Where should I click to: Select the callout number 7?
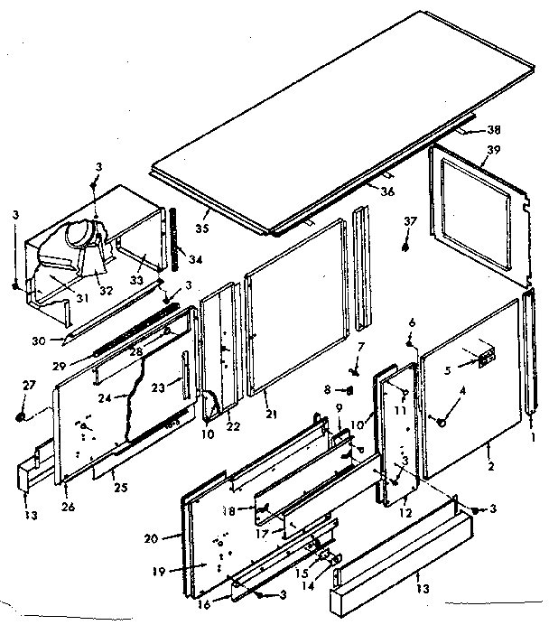click(x=359, y=347)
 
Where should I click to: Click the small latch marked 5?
click(x=486, y=360)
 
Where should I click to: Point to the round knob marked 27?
click(x=20, y=416)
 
